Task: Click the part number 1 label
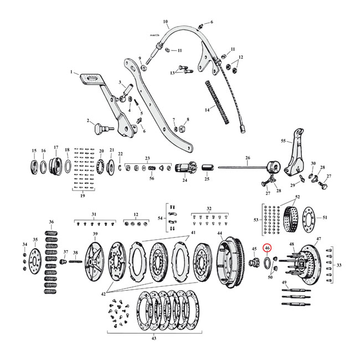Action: [71, 72]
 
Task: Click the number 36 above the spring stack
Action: [52, 222]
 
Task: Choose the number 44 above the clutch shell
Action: [220, 234]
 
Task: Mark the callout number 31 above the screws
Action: [94, 214]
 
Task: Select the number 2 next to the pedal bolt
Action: [88, 121]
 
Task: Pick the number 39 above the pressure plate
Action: [95, 235]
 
